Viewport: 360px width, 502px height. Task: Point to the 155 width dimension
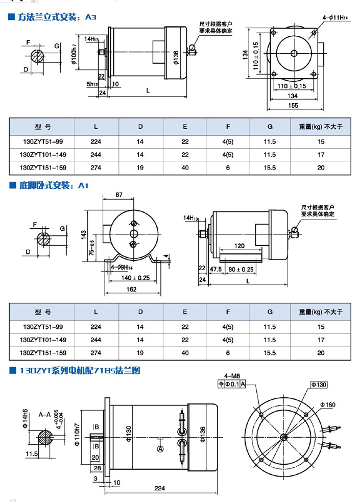(293, 105)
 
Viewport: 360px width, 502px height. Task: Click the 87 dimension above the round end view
(119, 195)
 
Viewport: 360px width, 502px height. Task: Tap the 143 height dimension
(83, 233)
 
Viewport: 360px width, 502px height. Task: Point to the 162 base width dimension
(131, 290)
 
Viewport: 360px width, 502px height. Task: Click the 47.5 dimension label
(215, 269)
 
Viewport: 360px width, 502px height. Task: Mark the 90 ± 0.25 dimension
(241, 269)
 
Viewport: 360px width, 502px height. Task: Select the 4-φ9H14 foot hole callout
(122, 267)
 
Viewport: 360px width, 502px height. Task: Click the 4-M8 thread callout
(232, 376)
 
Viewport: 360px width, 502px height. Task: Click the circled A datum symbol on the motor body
(160, 448)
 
